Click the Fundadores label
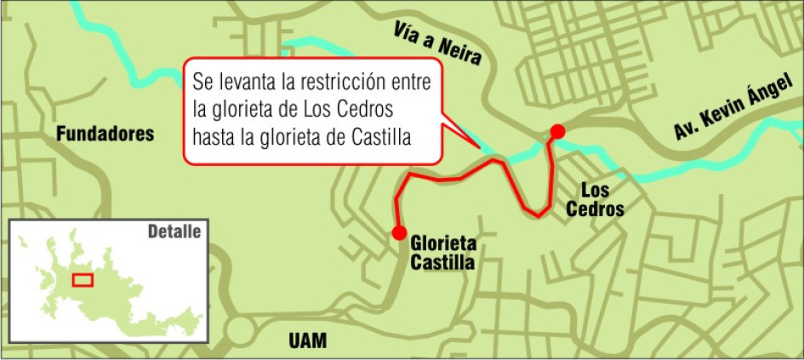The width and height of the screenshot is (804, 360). click(x=105, y=134)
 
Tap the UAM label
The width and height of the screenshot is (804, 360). click(x=307, y=341)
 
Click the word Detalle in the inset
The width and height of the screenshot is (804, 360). click(x=174, y=231)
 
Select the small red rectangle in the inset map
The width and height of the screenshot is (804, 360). click(x=83, y=279)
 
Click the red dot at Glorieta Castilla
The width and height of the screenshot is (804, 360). click(x=398, y=232)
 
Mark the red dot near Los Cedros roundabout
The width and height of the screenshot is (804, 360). click(x=557, y=130)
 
